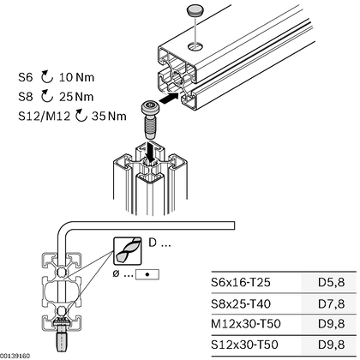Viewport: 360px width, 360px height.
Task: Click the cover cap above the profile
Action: point(195,10)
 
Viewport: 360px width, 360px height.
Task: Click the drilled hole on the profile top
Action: point(196,46)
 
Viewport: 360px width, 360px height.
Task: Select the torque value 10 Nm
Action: point(76,77)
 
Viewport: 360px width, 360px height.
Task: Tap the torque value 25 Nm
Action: point(76,97)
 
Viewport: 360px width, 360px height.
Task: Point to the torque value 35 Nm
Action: point(109,117)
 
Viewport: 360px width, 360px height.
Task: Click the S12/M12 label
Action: point(44,117)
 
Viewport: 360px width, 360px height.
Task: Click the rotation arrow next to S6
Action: point(47,77)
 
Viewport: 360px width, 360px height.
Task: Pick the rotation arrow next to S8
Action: point(47,97)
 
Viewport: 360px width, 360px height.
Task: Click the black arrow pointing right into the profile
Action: point(169,99)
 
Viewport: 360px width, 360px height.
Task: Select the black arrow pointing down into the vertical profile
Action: point(151,151)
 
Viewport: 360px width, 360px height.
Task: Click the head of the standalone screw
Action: point(150,108)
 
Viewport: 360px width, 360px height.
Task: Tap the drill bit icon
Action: point(128,251)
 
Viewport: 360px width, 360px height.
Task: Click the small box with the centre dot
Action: point(147,274)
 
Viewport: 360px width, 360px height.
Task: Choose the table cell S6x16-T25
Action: point(241,282)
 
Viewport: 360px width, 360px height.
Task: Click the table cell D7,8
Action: point(332,303)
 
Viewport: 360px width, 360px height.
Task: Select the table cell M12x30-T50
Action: point(246,324)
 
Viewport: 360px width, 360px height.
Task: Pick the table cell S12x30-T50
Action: point(244,345)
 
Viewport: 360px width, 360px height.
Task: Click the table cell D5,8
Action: point(332,282)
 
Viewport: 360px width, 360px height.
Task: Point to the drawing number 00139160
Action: point(15,356)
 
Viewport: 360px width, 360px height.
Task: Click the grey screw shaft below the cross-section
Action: point(61,340)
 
